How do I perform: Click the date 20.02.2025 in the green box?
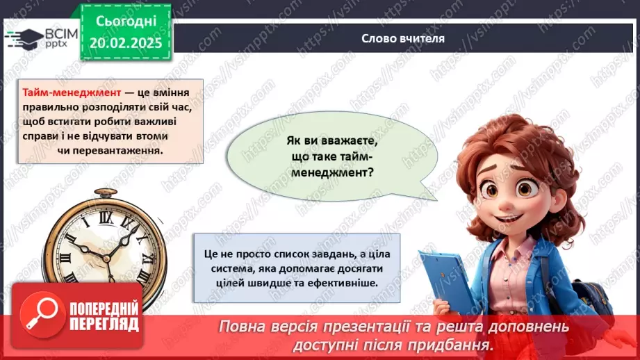(125, 42)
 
